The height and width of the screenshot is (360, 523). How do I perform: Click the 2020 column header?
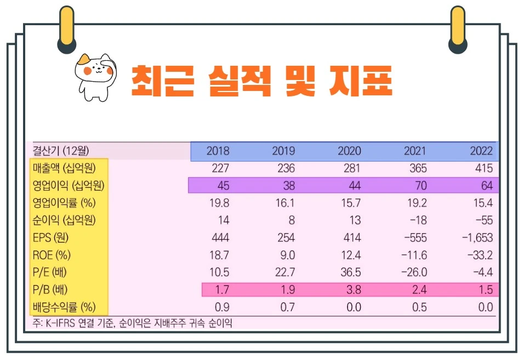pyautogui.click(x=349, y=151)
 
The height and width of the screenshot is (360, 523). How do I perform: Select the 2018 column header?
pyautogui.click(x=218, y=151)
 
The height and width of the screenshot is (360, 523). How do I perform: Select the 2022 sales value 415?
pyautogui.click(x=481, y=168)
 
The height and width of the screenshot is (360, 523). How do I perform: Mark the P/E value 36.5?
pyautogui.click(x=351, y=272)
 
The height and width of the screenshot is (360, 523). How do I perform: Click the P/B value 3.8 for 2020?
pyautogui.click(x=354, y=290)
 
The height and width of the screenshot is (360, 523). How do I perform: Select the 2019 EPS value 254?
pyautogui.click(x=285, y=238)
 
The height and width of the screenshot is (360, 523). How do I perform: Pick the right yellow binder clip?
pyautogui.click(x=457, y=28)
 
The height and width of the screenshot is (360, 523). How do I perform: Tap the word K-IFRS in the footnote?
pyautogui.click(x=61, y=324)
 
